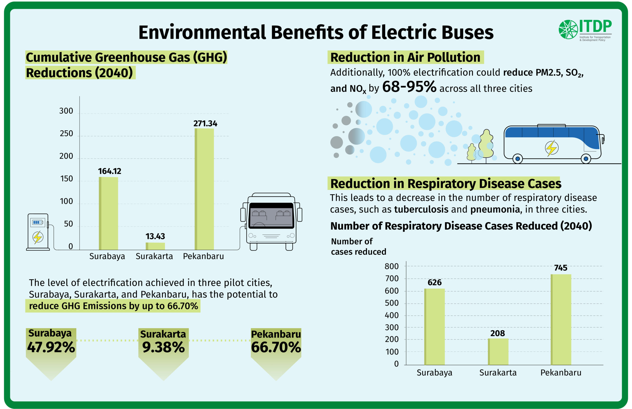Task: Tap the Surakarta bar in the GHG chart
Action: point(155,246)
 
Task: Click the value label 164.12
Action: point(109,171)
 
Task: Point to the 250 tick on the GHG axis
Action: point(66,134)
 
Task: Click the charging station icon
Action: point(38,232)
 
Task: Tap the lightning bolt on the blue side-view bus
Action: point(551,148)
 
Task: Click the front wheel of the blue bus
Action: point(586,159)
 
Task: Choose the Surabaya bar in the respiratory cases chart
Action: point(434,327)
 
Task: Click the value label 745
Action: point(561,268)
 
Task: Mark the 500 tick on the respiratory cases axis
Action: point(392,303)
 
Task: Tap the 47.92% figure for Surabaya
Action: point(51,347)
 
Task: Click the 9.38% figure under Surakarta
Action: point(163,347)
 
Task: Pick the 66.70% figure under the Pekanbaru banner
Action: point(276,347)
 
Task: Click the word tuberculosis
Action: point(421,210)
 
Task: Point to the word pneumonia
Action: point(495,210)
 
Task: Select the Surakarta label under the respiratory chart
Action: point(498,373)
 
